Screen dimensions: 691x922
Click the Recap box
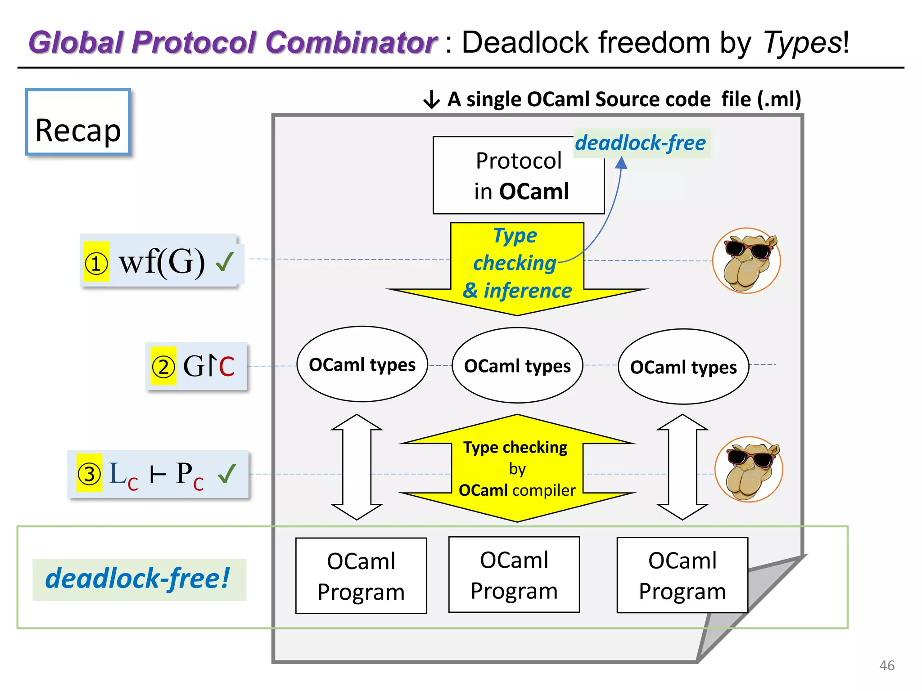click(x=78, y=122)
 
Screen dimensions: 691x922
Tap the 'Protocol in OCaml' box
click(x=518, y=175)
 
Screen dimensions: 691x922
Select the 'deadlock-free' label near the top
click(x=641, y=143)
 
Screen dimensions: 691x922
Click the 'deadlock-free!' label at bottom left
click(x=138, y=579)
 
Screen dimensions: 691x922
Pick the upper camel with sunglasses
click(x=746, y=261)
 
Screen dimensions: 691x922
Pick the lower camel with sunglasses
click(x=749, y=469)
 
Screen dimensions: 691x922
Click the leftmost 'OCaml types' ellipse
click(x=362, y=364)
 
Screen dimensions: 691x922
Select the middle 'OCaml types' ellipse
click(x=517, y=366)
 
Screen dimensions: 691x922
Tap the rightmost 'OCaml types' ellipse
click(x=683, y=367)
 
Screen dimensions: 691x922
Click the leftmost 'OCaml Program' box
click(x=361, y=576)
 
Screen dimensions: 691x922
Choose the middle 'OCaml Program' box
click(x=514, y=575)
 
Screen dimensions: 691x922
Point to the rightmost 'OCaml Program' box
click(x=682, y=575)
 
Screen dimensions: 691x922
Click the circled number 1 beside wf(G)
click(x=96, y=263)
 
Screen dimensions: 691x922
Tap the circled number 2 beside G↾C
click(x=163, y=367)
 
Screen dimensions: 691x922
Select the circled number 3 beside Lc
click(x=89, y=474)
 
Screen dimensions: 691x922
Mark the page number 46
click(x=886, y=665)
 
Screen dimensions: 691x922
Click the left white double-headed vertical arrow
click(x=357, y=467)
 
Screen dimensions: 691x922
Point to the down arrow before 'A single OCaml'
click(x=431, y=99)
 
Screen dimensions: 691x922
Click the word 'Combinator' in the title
click(x=351, y=43)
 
